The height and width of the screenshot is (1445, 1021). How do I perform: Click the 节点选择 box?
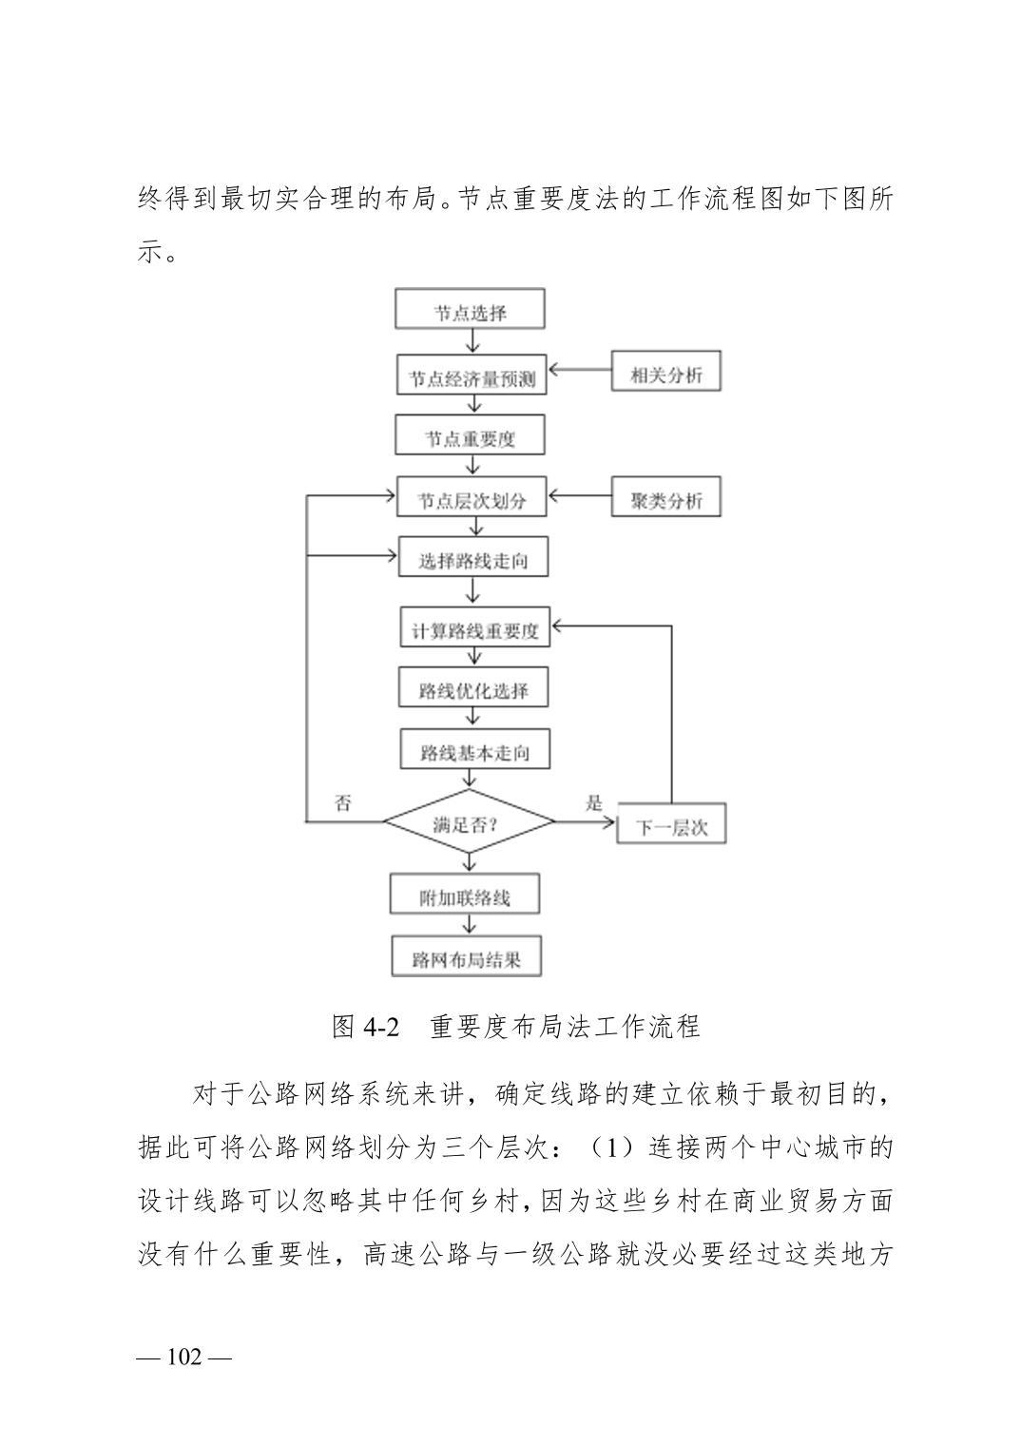(470, 308)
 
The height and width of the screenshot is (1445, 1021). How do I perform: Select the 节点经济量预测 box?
(472, 375)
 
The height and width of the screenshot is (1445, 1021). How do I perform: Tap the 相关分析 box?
(665, 371)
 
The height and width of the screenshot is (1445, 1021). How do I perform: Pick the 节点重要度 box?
(470, 434)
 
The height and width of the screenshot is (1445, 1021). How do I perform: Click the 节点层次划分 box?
(472, 496)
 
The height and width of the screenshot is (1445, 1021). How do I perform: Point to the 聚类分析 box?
(665, 496)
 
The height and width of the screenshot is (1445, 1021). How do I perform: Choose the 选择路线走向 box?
(473, 556)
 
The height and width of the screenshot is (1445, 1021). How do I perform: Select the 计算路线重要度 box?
(474, 626)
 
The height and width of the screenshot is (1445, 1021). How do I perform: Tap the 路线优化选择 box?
(473, 687)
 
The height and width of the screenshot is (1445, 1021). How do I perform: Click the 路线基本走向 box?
(474, 748)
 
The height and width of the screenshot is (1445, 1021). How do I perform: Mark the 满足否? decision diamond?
(469, 821)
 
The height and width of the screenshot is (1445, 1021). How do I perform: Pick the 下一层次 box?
(671, 823)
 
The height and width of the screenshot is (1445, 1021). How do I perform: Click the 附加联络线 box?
(464, 894)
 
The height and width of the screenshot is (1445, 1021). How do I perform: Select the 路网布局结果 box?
(467, 955)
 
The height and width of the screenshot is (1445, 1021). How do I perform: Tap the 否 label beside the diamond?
(342, 803)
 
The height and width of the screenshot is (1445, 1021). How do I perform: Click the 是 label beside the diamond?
(594, 803)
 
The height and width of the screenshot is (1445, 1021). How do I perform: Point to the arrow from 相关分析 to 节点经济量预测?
(580, 371)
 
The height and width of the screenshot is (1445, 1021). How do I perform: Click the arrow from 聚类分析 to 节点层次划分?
(580, 496)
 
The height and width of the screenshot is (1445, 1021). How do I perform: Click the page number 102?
(184, 1357)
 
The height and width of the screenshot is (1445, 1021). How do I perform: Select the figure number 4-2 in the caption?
(382, 1027)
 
